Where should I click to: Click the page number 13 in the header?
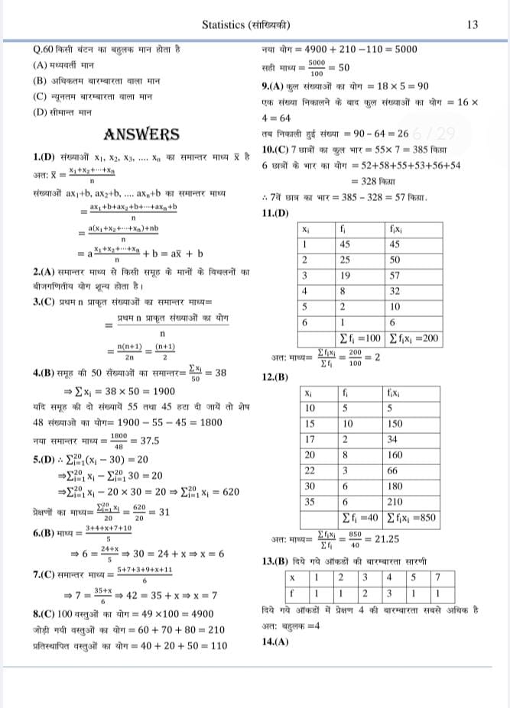tap(472, 24)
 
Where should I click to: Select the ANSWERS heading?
tap(141, 134)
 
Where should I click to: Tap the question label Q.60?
tap(44, 49)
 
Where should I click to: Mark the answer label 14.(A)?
tap(275, 619)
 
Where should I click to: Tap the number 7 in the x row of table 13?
tap(436, 577)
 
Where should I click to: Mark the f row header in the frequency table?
tap(292, 592)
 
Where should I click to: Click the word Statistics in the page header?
tap(226, 24)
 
